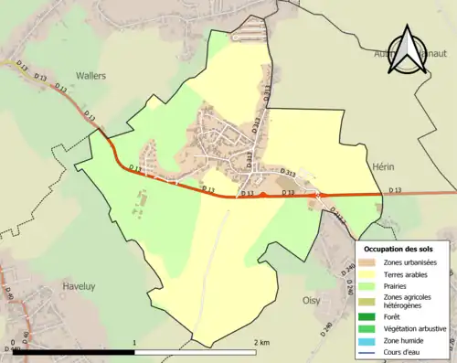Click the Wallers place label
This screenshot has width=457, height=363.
click(90, 76)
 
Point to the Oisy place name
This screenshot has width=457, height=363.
click(312, 299)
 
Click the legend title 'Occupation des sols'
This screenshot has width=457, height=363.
click(405, 249)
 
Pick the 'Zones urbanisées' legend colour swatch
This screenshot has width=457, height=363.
click(370, 262)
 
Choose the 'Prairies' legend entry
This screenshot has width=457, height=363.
click(398, 284)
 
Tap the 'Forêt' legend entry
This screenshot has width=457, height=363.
click(394, 316)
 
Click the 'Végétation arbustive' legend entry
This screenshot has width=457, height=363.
click(414, 327)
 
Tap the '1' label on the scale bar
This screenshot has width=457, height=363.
click(135, 342)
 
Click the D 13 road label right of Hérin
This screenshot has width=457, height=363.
click(395, 189)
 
